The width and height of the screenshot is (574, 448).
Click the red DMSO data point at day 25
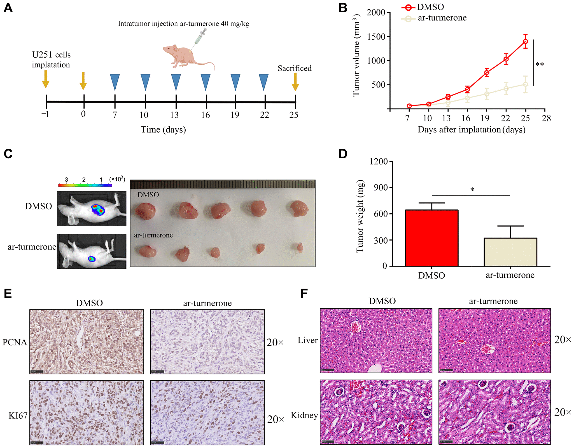[x=526, y=41]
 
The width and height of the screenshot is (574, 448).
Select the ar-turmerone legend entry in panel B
[x=442, y=18]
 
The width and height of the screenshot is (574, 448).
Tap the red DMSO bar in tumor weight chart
[x=431, y=238]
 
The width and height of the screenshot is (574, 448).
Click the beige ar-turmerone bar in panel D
[x=510, y=252]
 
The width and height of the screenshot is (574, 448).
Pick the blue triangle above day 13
[x=176, y=81]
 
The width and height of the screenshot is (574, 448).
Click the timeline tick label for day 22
[x=264, y=115]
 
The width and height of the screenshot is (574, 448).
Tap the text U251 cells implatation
[x=51, y=60]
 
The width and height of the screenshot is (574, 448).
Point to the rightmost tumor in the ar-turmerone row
[x=300, y=247]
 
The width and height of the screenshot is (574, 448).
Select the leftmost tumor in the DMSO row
[x=146, y=211]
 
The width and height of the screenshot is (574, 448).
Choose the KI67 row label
[x=18, y=416]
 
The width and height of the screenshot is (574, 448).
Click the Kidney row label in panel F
[x=304, y=415]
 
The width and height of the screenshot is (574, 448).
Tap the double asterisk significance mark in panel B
[x=540, y=65]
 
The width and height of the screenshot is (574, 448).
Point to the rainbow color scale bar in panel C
[x=85, y=185]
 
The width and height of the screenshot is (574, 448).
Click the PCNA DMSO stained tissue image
[x=87, y=341]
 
